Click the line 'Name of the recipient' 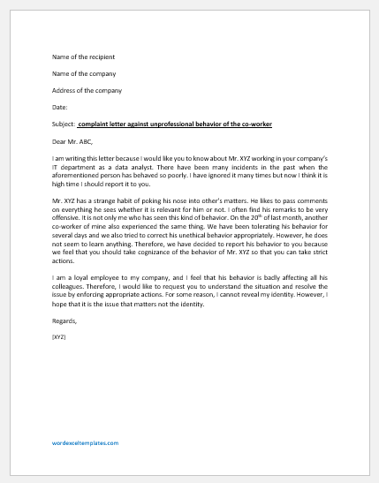(x=84, y=57)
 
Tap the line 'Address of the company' (x=86, y=91)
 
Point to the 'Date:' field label (x=61, y=108)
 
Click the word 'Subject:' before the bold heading (x=64, y=125)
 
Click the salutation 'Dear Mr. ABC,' (x=73, y=141)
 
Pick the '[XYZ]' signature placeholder (x=59, y=337)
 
